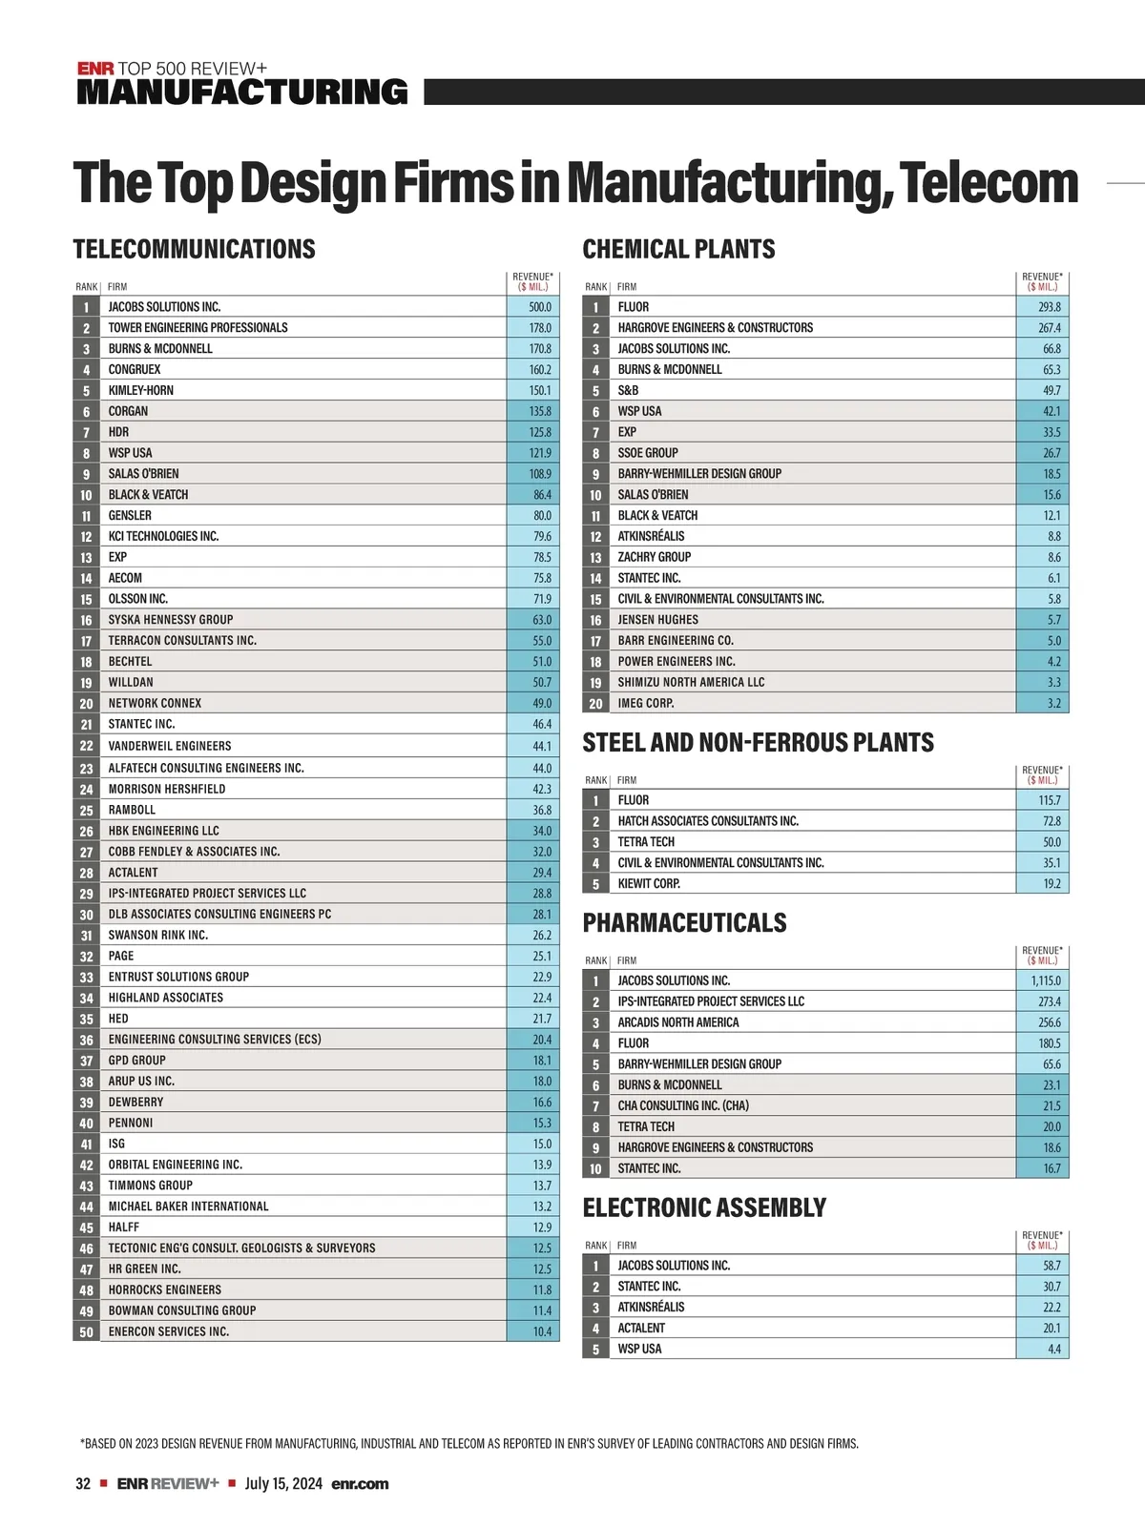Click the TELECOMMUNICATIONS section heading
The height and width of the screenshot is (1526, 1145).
(194, 250)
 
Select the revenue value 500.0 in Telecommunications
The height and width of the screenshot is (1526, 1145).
(540, 307)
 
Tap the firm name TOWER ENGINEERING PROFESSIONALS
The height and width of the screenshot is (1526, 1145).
(198, 328)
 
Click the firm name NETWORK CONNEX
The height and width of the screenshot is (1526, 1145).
(155, 704)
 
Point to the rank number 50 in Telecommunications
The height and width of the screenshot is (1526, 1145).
(86, 1332)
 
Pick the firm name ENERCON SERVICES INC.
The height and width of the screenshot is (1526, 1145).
(168, 1332)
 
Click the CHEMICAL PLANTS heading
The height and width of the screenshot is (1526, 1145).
(678, 250)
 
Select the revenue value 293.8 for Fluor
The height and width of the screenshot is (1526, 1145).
(1050, 307)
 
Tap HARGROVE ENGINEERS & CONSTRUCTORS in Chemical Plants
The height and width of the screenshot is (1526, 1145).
(715, 328)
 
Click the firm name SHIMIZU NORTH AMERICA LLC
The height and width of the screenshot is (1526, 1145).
(691, 683)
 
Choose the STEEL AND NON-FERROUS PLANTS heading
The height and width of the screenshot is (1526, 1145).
(758, 743)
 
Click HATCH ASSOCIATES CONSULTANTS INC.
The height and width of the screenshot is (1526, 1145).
(708, 821)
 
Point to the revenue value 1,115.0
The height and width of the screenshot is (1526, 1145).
(1046, 980)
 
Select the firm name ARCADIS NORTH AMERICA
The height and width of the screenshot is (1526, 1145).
(677, 1022)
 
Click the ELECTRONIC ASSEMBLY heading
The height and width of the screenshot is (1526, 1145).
(704, 1208)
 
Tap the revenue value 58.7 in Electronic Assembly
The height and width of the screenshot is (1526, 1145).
(1051, 1266)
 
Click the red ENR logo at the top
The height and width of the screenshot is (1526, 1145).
(95, 69)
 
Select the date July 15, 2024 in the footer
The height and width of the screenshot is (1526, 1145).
(283, 1484)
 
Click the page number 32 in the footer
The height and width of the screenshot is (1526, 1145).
(83, 1484)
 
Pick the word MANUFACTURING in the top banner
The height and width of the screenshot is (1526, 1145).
(242, 93)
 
